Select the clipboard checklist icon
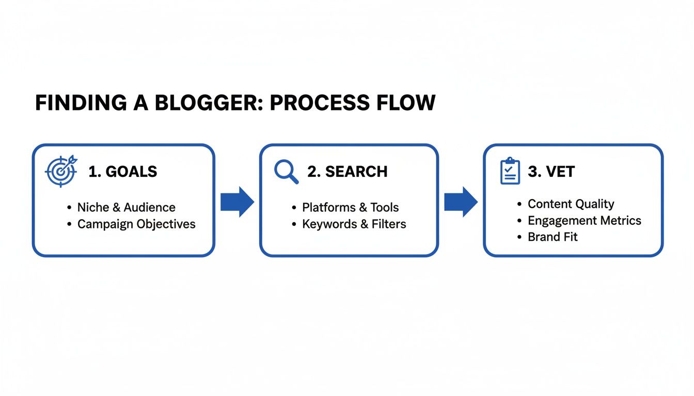click(x=510, y=171)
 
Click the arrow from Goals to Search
click(x=237, y=202)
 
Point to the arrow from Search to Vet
click(x=461, y=202)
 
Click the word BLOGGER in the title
click(x=202, y=103)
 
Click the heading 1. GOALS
click(x=123, y=172)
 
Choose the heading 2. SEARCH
click(x=347, y=172)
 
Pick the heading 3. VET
click(x=551, y=172)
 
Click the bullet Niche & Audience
click(x=126, y=207)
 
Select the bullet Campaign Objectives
click(x=136, y=224)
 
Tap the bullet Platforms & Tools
click(x=350, y=207)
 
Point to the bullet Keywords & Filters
click(x=354, y=224)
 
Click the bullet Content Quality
click(x=571, y=204)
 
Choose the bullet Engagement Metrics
click(x=584, y=221)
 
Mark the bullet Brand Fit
click(x=553, y=237)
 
